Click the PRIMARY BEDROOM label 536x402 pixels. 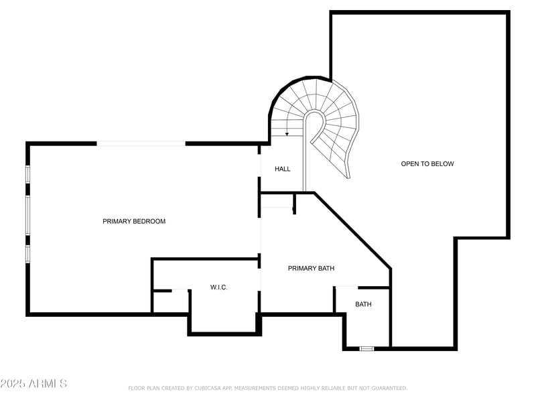134,221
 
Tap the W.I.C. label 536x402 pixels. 219,287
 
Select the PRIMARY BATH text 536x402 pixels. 311,269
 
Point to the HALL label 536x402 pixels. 283,169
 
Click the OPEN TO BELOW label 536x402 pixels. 427,164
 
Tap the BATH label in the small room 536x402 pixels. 363,304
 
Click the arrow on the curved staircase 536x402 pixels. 287,131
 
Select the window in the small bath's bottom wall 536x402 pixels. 366,348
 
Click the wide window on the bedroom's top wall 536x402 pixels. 141,143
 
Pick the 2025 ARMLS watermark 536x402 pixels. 33,384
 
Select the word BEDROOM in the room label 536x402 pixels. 148,221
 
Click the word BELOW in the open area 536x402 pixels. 442,164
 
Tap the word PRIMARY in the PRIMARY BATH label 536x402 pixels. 301,269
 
